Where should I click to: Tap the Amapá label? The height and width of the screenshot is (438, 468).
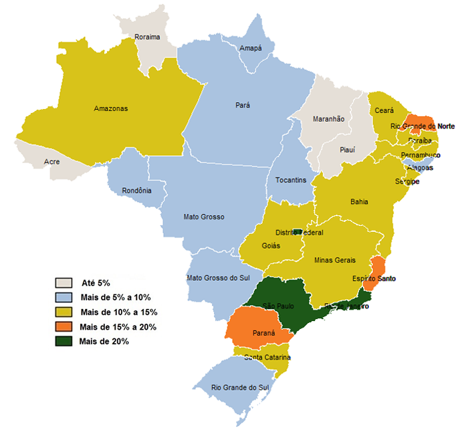pyautogui.click(x=251, y=48)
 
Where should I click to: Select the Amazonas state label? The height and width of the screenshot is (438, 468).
pyautogui.click(x=110, y=108)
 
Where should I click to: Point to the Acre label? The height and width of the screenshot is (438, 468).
pyautogui.click(x=51, y=162)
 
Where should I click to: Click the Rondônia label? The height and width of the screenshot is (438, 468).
pyautogui.click(x=136, y=191)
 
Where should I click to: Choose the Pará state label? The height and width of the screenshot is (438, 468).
pyautogui.click(x=243, y=105)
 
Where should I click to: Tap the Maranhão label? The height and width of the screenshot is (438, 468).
pyautogui.click(x=328, y=118)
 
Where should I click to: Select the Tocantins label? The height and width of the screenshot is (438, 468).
pyautogui.click(x=291, y=180)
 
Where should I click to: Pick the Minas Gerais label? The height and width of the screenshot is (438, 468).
pyautogui.click(x=334, y=260)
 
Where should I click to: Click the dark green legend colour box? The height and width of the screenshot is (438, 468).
pyautogui.click(x=65, y=341)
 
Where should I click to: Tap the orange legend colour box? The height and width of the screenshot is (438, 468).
pyautogui.click(x=65, y=326)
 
